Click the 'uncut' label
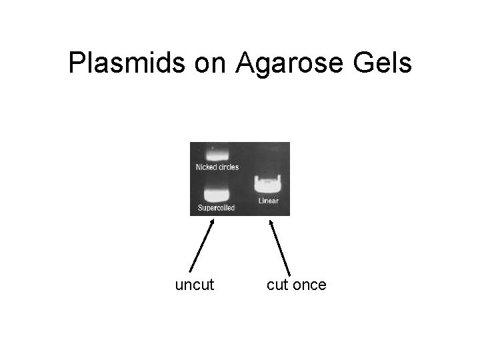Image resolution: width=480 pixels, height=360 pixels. (x=195, y=285)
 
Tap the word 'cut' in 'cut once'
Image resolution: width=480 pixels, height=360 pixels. (x=278, y=285)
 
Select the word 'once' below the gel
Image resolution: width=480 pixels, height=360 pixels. (x=309, y=285)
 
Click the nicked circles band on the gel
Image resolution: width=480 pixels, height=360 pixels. (x=217, y=153)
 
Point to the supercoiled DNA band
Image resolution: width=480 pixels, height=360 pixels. (x=217, y=195)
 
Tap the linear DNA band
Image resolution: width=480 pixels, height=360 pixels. (x=267, y=184)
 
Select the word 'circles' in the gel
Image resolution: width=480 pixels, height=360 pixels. (x=228, y=167)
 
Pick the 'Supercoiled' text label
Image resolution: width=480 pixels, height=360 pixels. (x=217, y=208)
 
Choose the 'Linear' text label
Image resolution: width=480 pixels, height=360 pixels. (x=268, y=201)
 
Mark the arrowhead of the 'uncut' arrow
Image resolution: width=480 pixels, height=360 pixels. (x=212, y=223)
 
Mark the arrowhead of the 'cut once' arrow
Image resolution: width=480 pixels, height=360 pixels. (x=271, y=223)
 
